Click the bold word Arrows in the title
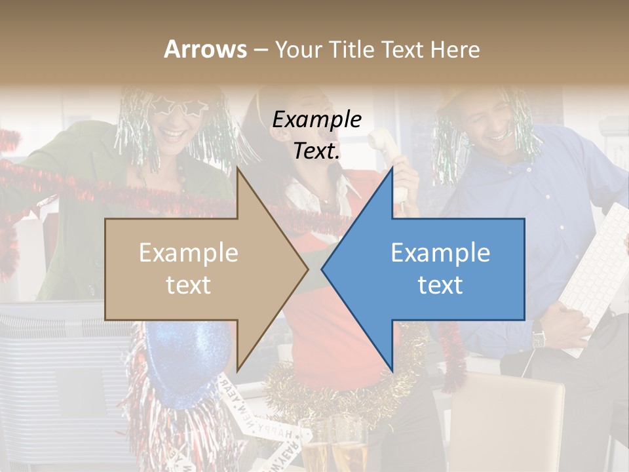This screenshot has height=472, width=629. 205,49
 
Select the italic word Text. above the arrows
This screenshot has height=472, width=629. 317,151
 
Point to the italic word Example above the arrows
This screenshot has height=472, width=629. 317,120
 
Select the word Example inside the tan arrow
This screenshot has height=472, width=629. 189,253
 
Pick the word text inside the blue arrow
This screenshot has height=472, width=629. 440,285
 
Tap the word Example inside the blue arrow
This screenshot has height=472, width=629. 440,253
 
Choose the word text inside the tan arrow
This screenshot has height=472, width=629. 189,285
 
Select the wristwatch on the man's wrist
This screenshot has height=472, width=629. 539,337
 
